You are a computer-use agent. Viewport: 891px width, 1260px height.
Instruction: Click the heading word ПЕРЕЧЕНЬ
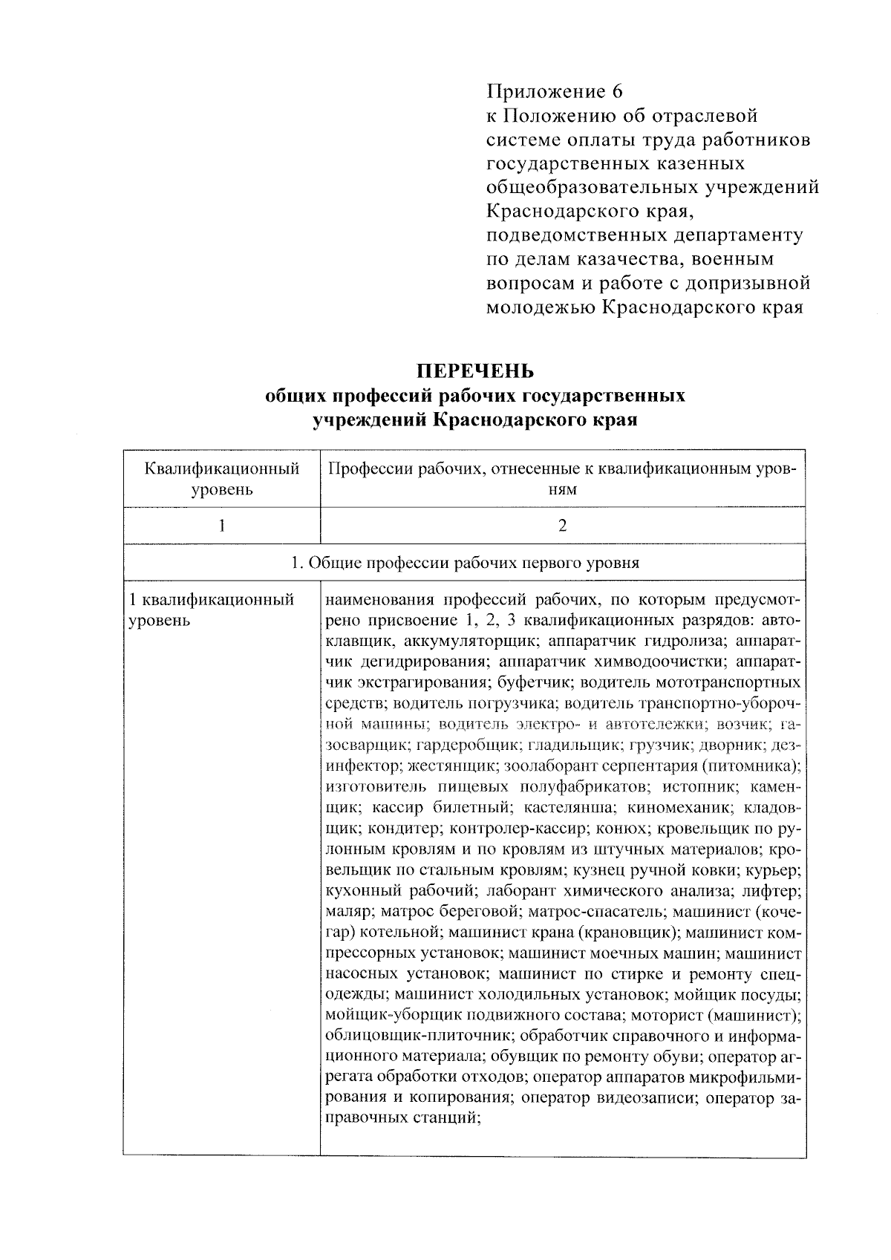475,370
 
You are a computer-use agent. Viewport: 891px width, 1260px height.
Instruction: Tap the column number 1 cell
221,526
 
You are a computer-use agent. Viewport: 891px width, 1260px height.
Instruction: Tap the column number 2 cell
562,526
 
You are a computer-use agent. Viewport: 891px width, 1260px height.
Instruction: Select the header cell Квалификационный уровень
221,479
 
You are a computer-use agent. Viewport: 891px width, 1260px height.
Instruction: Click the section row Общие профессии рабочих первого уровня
465,563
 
